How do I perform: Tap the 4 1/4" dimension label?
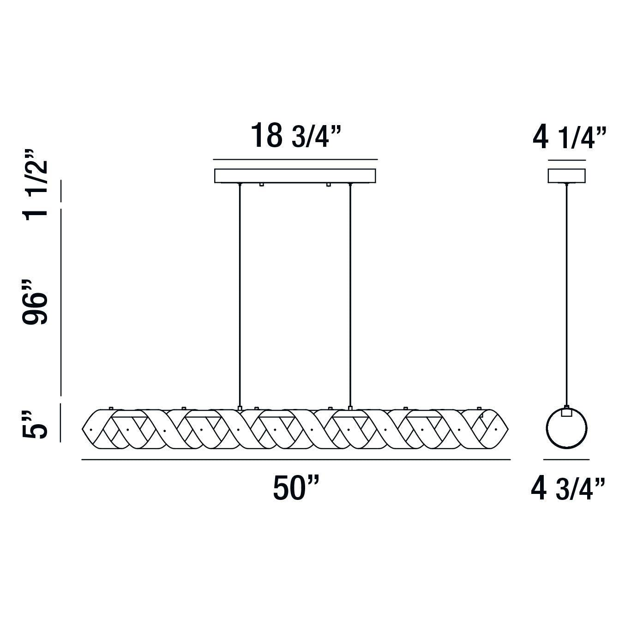pos(569,138)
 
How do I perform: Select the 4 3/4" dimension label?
pos(568,489)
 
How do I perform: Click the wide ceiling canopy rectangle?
pos(295,175)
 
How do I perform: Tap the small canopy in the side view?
pos(566,175)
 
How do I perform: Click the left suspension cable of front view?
pos(240,295)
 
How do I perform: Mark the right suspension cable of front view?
pos(350,295)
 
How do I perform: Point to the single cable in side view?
pos(566,295)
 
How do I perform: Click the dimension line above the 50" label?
pos(295,460)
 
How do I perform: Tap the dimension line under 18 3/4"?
pos(295,160)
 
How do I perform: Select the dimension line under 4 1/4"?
pos(567,160)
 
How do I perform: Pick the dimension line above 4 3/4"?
pos(566,460)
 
